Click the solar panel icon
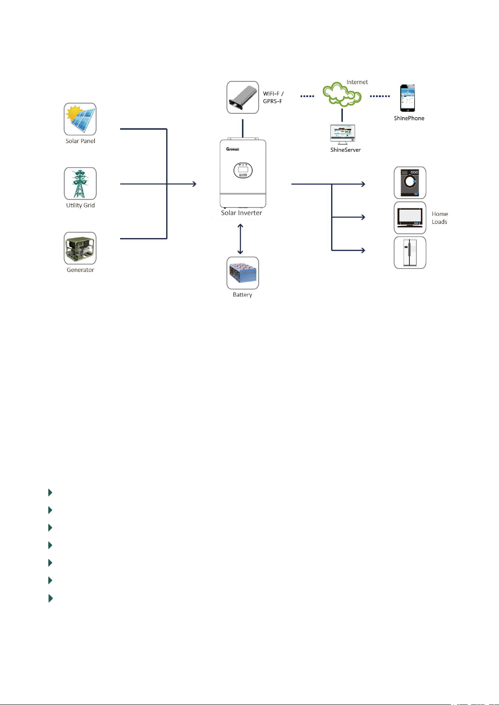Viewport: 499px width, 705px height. tap(80, 119)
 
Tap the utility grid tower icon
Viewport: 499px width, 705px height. tap(80, 184)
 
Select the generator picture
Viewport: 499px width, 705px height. tap(80, 248)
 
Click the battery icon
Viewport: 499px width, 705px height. tap(243, 273)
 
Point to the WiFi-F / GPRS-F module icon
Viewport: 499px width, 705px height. tap(243, 97)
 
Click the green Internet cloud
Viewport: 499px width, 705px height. tap(342, 94)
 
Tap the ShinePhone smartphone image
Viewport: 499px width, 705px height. tap(407, 98)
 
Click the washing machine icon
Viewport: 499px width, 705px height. tap(410, 183)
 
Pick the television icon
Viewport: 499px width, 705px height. tap(410, 218)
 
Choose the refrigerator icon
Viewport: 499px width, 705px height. tap(410, 253)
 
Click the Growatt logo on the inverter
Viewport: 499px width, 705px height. tap(233, 149)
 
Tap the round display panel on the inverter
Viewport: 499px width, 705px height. tap(243, 170)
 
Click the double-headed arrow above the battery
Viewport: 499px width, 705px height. tap(240, 239)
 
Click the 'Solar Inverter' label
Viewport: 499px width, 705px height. tap(242, 213)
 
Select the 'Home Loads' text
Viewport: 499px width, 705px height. tap(440, 218)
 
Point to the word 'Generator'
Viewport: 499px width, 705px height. tap(80, 270)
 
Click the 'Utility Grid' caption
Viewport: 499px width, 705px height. tap(80, 205)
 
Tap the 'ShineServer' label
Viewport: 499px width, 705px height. tap(345, 150)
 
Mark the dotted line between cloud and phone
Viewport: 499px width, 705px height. tap(380, 96)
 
